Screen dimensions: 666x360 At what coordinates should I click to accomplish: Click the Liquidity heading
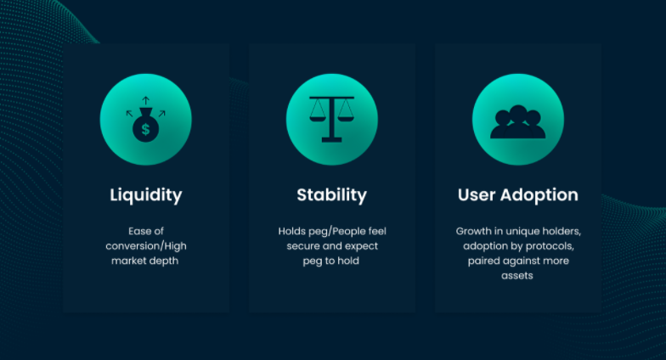coord(146,195)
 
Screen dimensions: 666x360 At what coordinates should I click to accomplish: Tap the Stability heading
coord(331,195)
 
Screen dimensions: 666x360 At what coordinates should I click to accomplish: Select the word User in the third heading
coord(477,195)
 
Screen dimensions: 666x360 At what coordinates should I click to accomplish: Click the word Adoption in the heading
coord(539,195)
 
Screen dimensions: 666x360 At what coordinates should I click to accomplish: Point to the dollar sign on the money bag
coord(146,129)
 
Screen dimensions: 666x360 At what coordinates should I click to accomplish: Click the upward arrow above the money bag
coord(146,100)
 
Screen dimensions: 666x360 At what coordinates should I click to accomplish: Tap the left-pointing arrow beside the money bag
coord(129,114)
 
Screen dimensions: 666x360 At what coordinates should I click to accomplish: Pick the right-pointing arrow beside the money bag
coord(161,114)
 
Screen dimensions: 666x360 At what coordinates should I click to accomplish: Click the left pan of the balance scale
coord(318,119)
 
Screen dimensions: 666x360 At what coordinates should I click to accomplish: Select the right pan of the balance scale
coord(346,119)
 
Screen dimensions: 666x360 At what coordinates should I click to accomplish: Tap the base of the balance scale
coord(331,139)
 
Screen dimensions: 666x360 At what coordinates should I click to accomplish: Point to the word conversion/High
coord(146,246)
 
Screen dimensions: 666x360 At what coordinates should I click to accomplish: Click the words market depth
coord(144,261)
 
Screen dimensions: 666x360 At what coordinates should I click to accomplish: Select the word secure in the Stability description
coord(302,246)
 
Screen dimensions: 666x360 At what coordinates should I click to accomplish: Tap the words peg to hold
coord(331,262)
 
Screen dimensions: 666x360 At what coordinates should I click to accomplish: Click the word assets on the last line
coord(516,276)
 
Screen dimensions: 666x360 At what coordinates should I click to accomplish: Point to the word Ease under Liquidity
coord(138,231)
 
